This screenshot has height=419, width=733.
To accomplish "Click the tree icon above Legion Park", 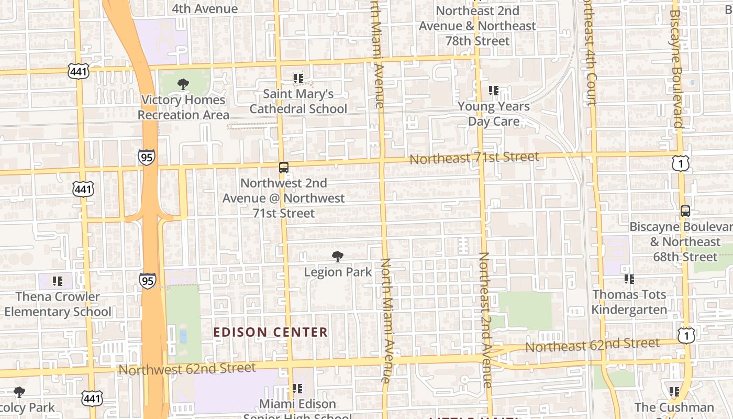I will click(x=338, y=256).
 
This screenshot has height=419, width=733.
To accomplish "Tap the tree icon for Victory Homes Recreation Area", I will click(x=183, y=84).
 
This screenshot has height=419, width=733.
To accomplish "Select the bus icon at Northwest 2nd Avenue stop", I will click(x=284, y=168).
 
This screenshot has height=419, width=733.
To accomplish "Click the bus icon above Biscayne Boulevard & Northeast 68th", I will click(x=685, y=211).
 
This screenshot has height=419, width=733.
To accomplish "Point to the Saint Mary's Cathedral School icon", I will click(x=298, y=79).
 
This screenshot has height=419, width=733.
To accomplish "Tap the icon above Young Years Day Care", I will click(x=493, y=91).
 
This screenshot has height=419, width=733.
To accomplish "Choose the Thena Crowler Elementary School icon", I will click(x=58, y=281).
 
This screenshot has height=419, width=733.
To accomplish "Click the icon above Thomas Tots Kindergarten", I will click(x=629, y=279).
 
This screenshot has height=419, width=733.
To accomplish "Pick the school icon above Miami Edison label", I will click(x=297, y=389).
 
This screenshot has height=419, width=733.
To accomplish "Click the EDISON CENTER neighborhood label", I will click(x=271, y=332).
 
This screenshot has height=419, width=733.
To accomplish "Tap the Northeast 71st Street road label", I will click(x=474, y=158).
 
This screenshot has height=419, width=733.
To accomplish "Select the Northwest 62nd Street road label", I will click(x=187, y=368).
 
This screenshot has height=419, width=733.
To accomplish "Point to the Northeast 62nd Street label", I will click(x=592, y=345).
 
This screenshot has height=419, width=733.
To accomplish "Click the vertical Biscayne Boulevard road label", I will click(x=676, y=68).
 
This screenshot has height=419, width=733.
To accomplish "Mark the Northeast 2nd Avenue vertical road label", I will click(x=485, y=319).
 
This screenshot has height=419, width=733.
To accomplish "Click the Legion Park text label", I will click(x=338, y=272).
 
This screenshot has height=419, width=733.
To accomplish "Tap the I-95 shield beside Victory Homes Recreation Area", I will click(x=147, y=157).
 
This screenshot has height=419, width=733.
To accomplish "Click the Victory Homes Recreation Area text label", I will click(x=183, y=107).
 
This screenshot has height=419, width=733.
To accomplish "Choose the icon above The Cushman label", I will click(x=674, y=391).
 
